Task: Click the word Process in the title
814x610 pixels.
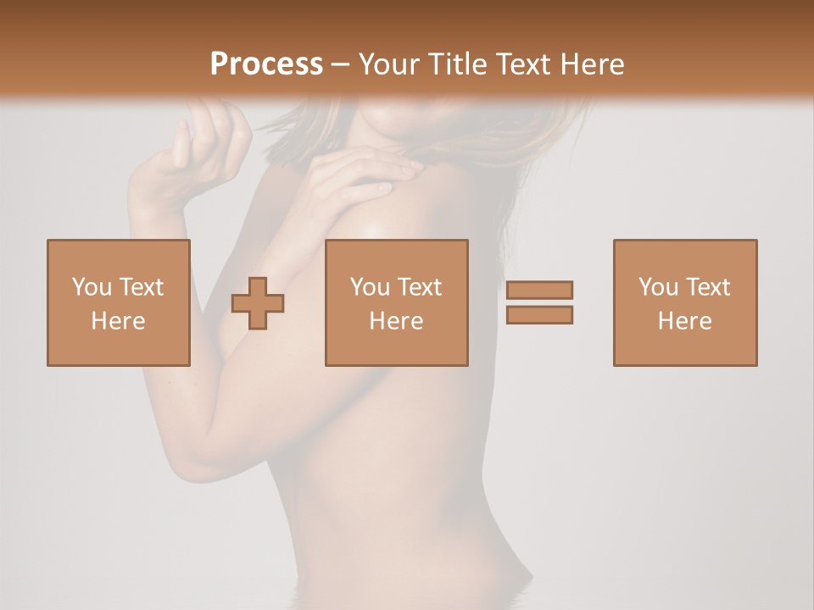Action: point(266,64)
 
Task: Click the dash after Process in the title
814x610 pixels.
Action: point(341,65)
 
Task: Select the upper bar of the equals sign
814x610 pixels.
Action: point(539,290)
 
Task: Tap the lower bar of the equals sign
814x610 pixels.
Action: point(539,314)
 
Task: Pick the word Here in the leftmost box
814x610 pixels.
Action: point(118,321)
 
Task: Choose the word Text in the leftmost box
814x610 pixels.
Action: point(140,287)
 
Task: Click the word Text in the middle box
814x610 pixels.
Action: point(418,287)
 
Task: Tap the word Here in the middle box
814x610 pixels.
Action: point(396,321)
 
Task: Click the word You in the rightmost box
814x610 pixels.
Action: point(658,287)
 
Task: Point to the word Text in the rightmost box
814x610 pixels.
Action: point(706,287)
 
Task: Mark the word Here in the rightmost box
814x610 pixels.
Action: point(684,321)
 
